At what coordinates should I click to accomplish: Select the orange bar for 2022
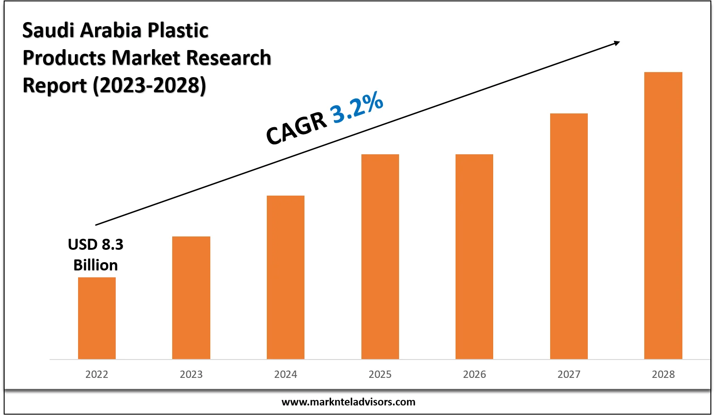pyautogui.click(x=97, y=318)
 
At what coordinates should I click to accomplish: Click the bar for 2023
pyautogui.click(x=191, y=298)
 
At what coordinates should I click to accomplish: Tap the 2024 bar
pyautogui.click(x=286, y=277)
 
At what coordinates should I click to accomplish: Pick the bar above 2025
pyautogui.click(x=380, y=256)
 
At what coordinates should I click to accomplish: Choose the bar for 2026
pyautogui.click(x=474, y=256)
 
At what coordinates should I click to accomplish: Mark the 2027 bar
pyautogui.click(x=569, y=236)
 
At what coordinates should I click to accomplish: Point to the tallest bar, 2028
pyautogui.click(x=663, y=215)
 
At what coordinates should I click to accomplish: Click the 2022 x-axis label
pyautogui.click(x=97, y=375)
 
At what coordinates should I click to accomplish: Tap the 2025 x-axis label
pyautogui.click(x=380, y=375)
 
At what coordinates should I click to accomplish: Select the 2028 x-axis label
pyautogui.click(x=663, y=375)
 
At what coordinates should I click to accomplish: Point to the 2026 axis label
pyautogui.click(x=474, y=375)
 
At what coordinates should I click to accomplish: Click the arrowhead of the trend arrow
pyautogui.click(x=616, y=43)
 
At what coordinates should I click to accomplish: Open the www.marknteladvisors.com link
pyautogui.click(x=348, y=402)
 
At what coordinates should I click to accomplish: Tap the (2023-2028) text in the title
pyautogui.click(x=150, y=86)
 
